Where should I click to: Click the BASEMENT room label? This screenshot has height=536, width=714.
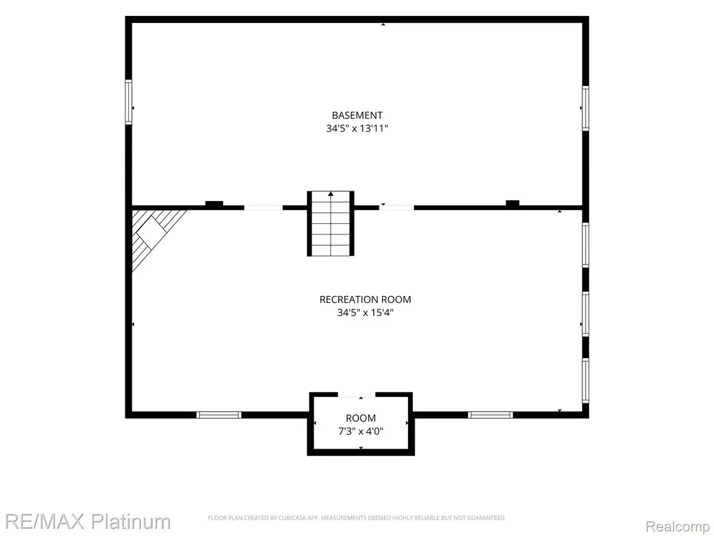click(x=357, y=115)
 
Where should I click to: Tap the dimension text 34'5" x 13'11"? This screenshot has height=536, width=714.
click(x=357, y=128)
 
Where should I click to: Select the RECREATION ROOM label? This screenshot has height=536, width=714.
click(x=365, y=299)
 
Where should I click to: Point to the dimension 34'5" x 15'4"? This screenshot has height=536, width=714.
click(x=365, y=313)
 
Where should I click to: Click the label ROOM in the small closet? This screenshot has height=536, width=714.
click(x=360, y=418)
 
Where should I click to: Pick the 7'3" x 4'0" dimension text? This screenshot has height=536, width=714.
click(x=360, y=431)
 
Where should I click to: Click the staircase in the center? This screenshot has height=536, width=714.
click(x=331, y=223)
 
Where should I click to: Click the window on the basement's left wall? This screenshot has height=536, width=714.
click(x=129, y=102)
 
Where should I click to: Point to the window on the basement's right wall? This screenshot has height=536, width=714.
click(x=586, y=108)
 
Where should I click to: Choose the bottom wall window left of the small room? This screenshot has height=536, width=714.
click(x=218, y=415)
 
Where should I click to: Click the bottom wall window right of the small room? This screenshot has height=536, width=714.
click(x=490, y=415)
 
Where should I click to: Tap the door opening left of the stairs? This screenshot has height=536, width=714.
click(x=263, y=208)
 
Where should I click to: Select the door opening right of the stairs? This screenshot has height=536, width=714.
click(x=397, y=208)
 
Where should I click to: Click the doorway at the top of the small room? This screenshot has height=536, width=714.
click(x=356, y=394)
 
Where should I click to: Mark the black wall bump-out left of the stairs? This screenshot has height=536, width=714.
click(x=214, y=203)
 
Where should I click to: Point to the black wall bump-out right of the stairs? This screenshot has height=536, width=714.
click(x=512, y=203)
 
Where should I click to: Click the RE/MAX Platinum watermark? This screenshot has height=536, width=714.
click(x=88, y=521)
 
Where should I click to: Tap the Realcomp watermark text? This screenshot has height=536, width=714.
click(x=678, y=526)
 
